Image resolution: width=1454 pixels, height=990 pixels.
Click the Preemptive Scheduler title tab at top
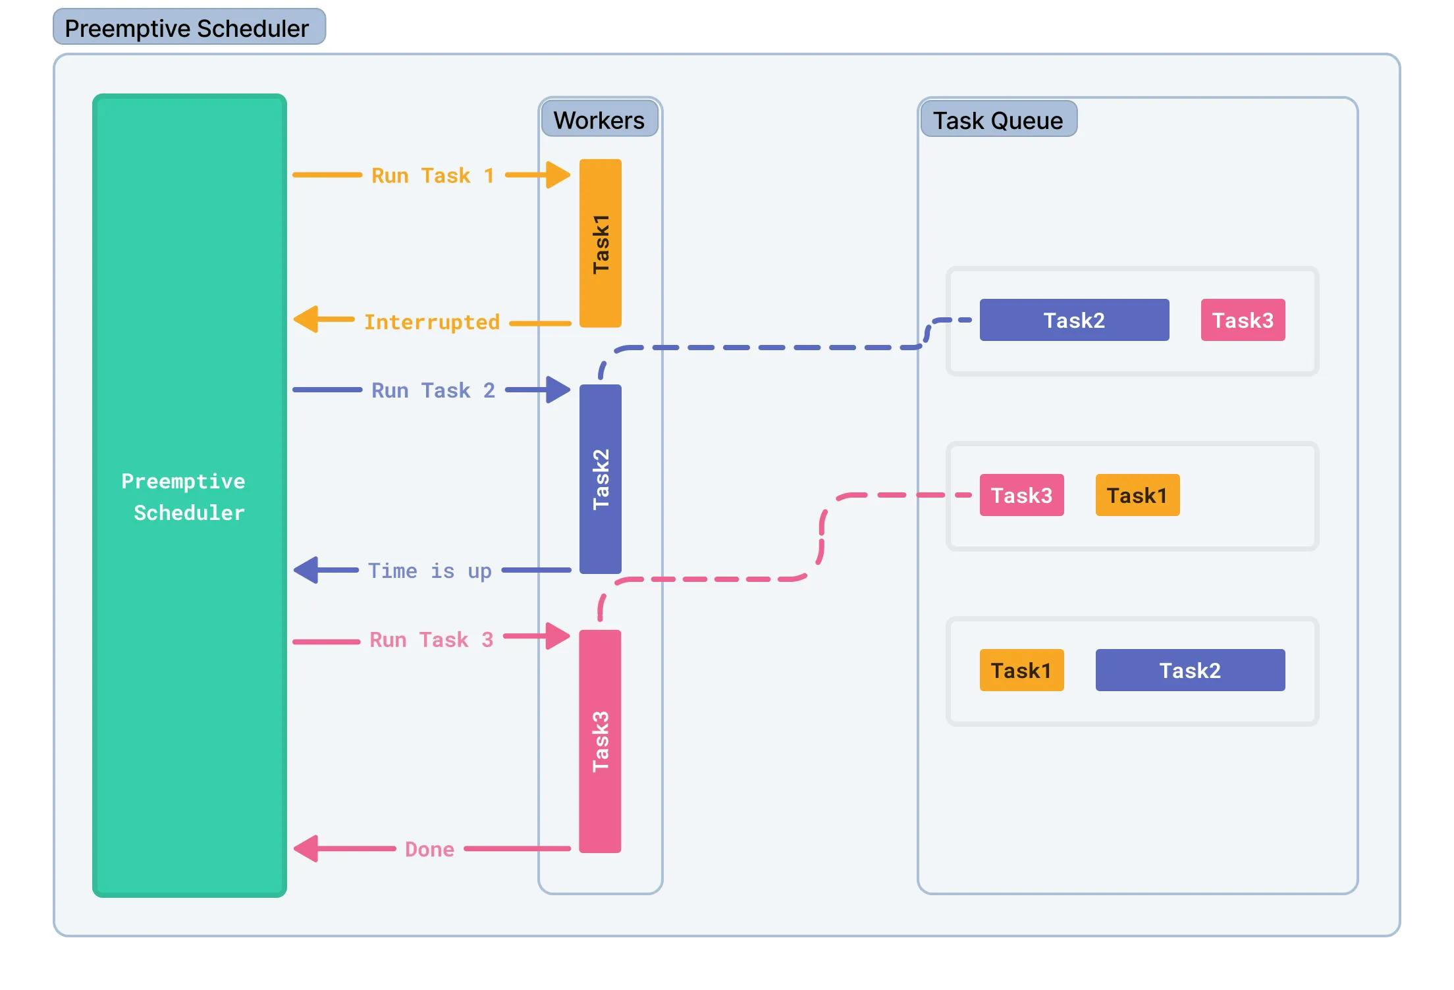(x=189, y=28)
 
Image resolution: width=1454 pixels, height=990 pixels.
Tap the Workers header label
(x=599, y=119)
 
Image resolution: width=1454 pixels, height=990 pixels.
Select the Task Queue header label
(x=998, y=120)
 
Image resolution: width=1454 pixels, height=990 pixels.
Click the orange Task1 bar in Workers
(x=600, y=243)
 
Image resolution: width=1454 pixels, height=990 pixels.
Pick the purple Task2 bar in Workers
(x=600, y=479)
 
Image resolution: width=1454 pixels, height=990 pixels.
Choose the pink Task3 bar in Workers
(x=600, y=741)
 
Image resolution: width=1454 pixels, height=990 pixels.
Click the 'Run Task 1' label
(x=433, y=176)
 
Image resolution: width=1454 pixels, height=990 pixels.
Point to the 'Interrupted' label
(x=432, y=322)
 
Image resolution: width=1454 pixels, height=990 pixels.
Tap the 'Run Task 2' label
(x=433, y=390)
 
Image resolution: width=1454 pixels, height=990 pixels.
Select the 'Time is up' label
(x=429, y=571)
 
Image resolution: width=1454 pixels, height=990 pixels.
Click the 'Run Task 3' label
(x=431, y=639)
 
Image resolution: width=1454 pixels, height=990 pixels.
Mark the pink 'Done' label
(x=429, y=849)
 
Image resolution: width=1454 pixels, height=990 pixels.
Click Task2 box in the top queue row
(x=1074, y=320)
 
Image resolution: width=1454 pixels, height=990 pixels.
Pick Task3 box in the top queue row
(x=1243, y=320)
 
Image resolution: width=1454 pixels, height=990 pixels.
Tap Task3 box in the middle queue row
(x=1021, y=495)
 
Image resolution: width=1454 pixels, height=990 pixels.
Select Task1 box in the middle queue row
(x=1137, y=495)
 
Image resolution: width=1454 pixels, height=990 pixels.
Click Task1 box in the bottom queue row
(x=1021, y=670)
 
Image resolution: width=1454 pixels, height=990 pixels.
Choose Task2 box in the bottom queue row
(x=1190, y=670)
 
